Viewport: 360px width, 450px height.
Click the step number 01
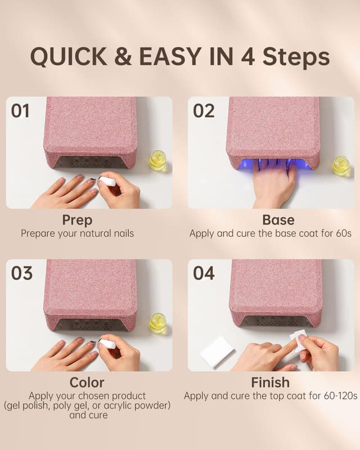[x=20, y=111]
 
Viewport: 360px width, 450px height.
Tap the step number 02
[x=204, y=111]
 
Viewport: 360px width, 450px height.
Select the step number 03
[x=21, y=273]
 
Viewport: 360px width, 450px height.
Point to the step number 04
[x=204, y=273]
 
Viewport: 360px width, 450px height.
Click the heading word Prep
[x=77, y=220]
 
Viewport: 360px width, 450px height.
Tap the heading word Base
[x=278, y=220]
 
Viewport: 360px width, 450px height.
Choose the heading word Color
[x=87, y=382]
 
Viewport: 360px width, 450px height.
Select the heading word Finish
[x=270, y=382]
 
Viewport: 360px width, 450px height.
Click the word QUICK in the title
[x=69, y=57]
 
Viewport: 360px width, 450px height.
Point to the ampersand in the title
[x=123, y=57]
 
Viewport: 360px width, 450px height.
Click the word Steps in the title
[x=296, y=57]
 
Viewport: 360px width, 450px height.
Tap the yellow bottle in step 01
[x=158, y=161]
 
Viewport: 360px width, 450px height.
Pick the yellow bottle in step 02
[x=341, y=166]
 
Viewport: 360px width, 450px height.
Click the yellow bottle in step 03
[x=158, y=323]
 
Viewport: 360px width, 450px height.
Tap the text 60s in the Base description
[x=343, y=233]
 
